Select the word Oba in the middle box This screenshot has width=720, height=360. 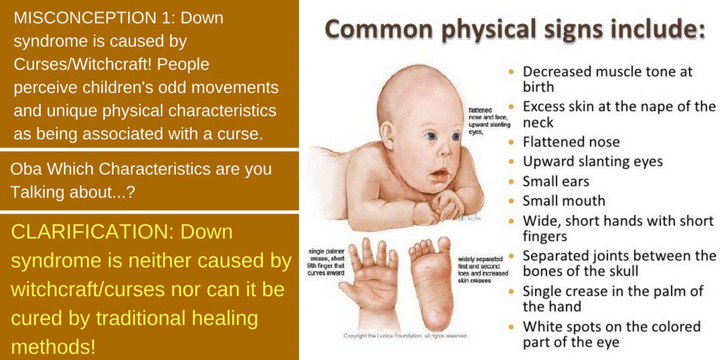pyautogui.click(x=24, y=169)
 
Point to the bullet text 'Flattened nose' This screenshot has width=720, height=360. pyautogui.click(x=571, y=142)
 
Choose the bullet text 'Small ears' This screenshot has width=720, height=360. pyautogui.click(x=556, y=181)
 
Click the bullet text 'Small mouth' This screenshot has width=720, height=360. pyautogui.click(x=564, y=201)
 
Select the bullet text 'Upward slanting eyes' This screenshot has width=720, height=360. pyautogui.click(x=593, y=162)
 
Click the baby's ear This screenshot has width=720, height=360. pyautogui.click(x=387, y=134)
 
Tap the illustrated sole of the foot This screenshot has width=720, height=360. pyautogui.click(x=430, y=281)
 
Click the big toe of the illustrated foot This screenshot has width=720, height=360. pyautogui.click(x=443, y=245)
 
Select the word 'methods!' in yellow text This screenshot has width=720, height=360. pyautogui.click(x=53, y=346)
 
